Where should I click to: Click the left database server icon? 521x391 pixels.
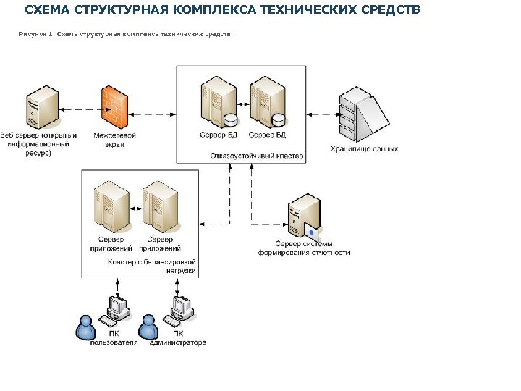[x=217, y=104]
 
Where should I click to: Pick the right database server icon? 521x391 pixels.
[x=266, y=104]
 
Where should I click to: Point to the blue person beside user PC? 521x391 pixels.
[x=86, y=327]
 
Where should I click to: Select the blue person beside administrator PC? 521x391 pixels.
[x=148, y=327]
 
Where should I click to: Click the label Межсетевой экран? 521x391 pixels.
[x=114, y=140]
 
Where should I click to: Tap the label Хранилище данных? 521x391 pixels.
[x=364, y=148]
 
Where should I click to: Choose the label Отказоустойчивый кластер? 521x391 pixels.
[x=256, y=156]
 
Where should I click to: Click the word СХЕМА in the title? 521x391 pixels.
[x=46, y=12]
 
